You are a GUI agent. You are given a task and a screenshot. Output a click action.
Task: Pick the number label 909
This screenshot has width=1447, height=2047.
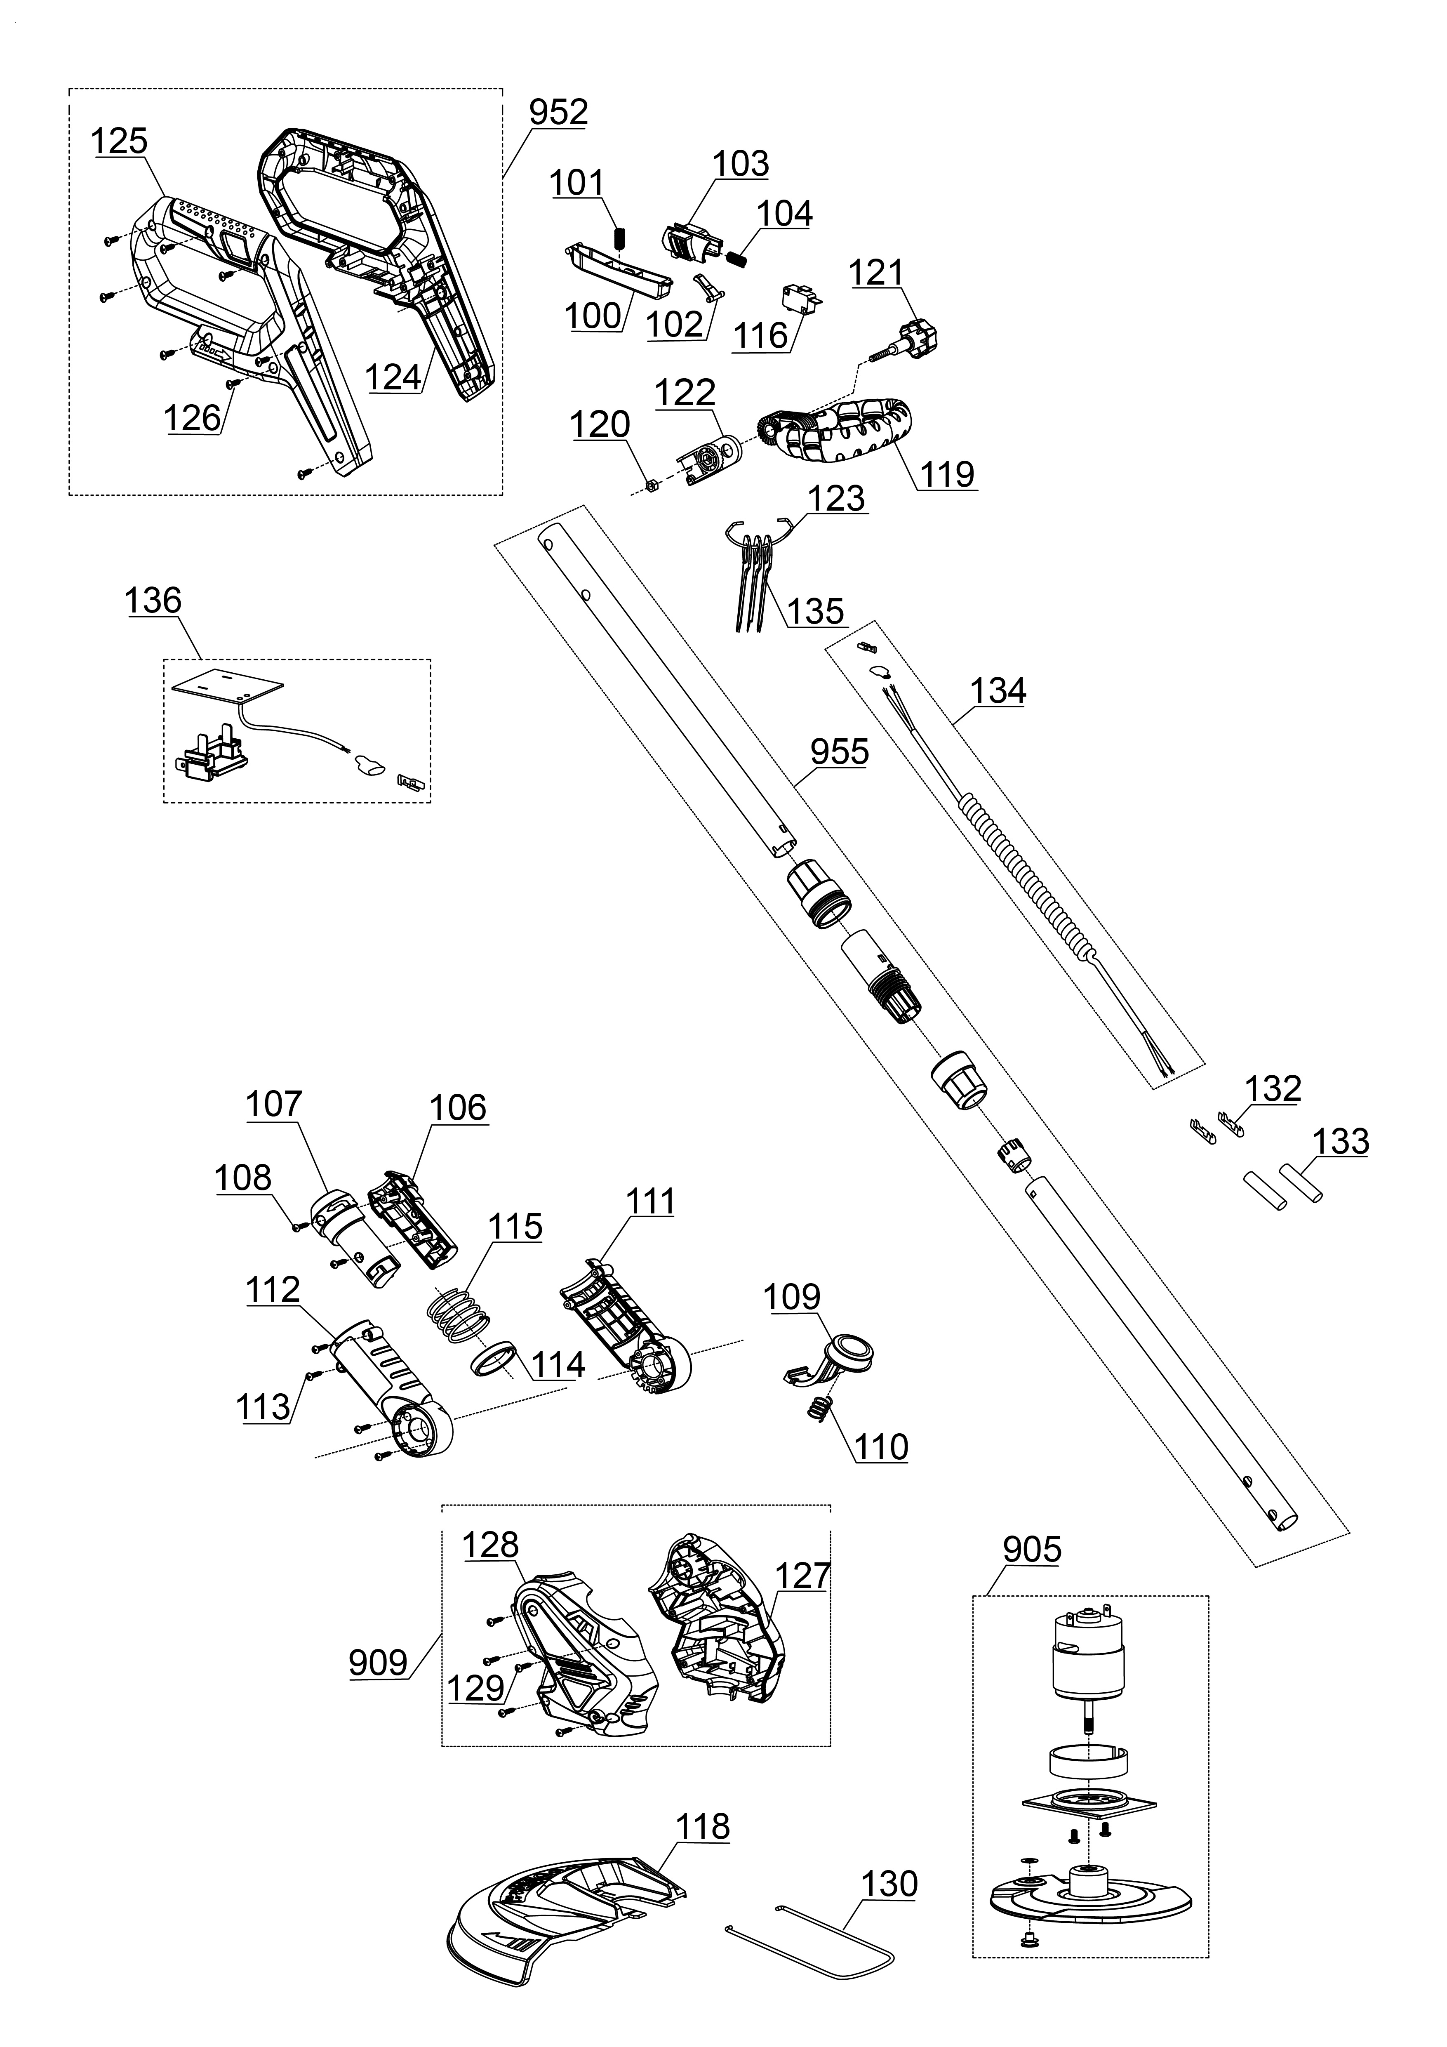378,1663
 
